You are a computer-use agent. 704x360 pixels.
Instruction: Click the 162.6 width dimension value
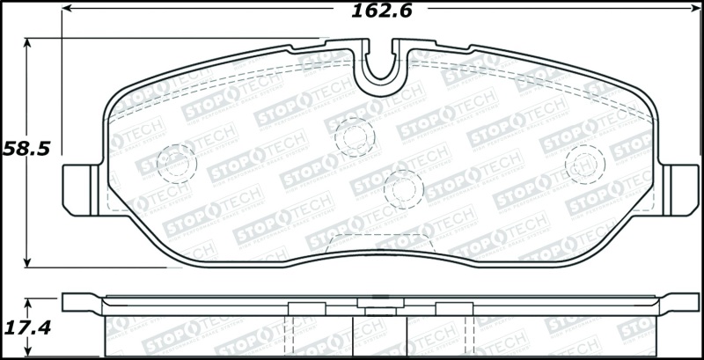coord(382,11)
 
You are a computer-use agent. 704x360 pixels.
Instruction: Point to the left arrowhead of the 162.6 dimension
coord(68,11)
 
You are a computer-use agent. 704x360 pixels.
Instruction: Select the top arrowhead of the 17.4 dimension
coord(29,302)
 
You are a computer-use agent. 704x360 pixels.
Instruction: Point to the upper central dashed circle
coord(355,136)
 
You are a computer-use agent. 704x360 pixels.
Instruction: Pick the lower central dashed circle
coord(404,187)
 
